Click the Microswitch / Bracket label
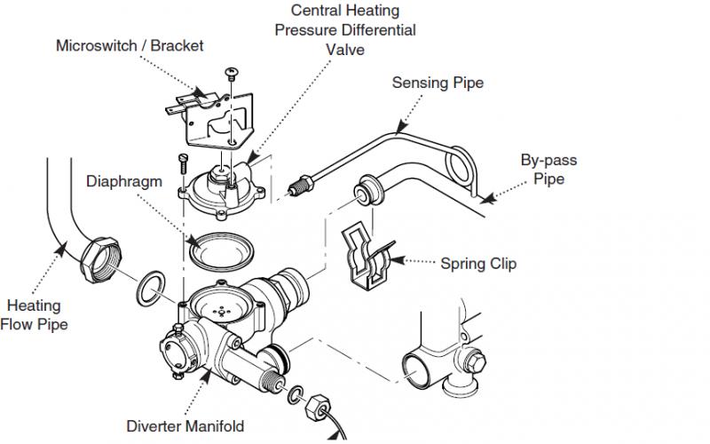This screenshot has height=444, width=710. coord(130,46)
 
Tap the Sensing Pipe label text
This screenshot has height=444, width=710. coord(438,83)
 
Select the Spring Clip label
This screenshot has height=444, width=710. coord(478,264)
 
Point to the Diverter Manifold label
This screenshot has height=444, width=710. coord(185,426)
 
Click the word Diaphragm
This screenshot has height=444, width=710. coord(124,181)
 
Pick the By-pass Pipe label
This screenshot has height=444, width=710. coord(548,169)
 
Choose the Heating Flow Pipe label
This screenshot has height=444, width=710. coord(35,315)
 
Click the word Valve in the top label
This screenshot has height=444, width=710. coord(345,50)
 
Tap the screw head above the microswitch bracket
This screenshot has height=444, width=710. coord(232,72)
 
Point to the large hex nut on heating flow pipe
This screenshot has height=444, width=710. coord(100,260)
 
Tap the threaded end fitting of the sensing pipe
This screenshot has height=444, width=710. coord(300,186)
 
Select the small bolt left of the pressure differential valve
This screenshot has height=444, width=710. coord(183,163)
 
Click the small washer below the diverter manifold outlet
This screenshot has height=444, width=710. coord(296,394)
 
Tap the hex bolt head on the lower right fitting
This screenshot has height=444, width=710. coord(475,361)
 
